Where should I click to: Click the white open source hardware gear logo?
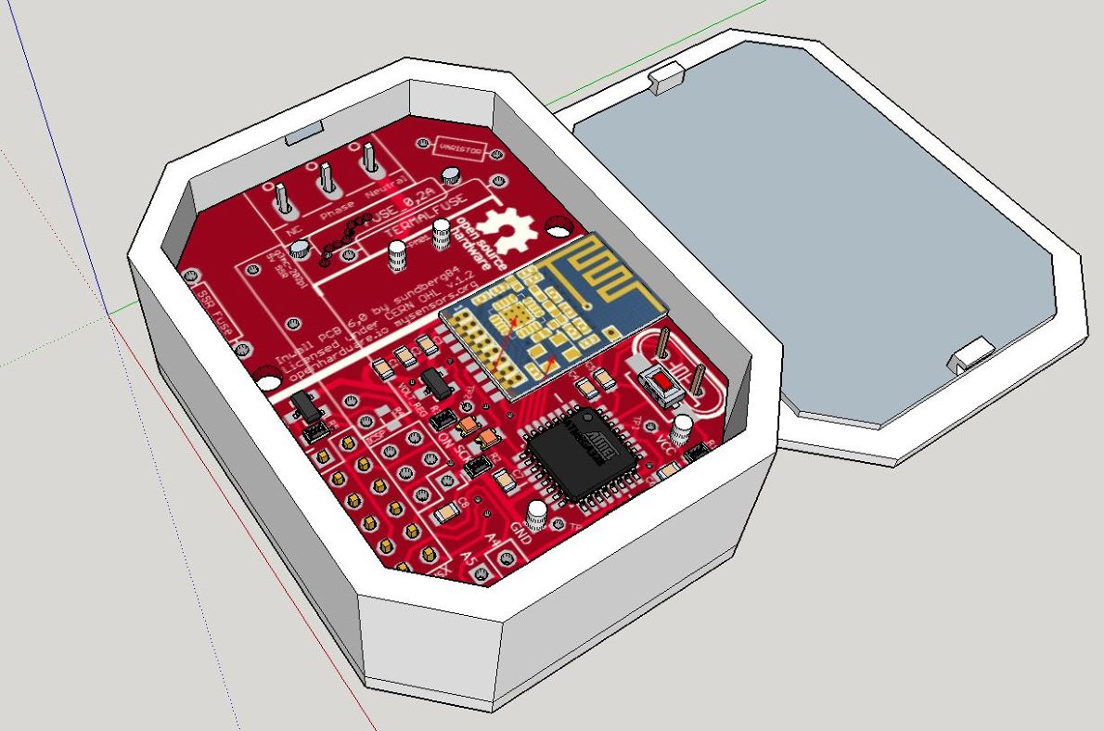tap(508, 226)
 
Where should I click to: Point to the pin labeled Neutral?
tap(370, 160)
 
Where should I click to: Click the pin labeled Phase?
tap(327, 178)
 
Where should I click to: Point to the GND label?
tap(521, 535)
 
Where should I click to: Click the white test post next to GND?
tap(536, 515)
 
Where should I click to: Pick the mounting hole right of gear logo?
tap(559, 225)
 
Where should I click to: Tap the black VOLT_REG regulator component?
tap(432, 382)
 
